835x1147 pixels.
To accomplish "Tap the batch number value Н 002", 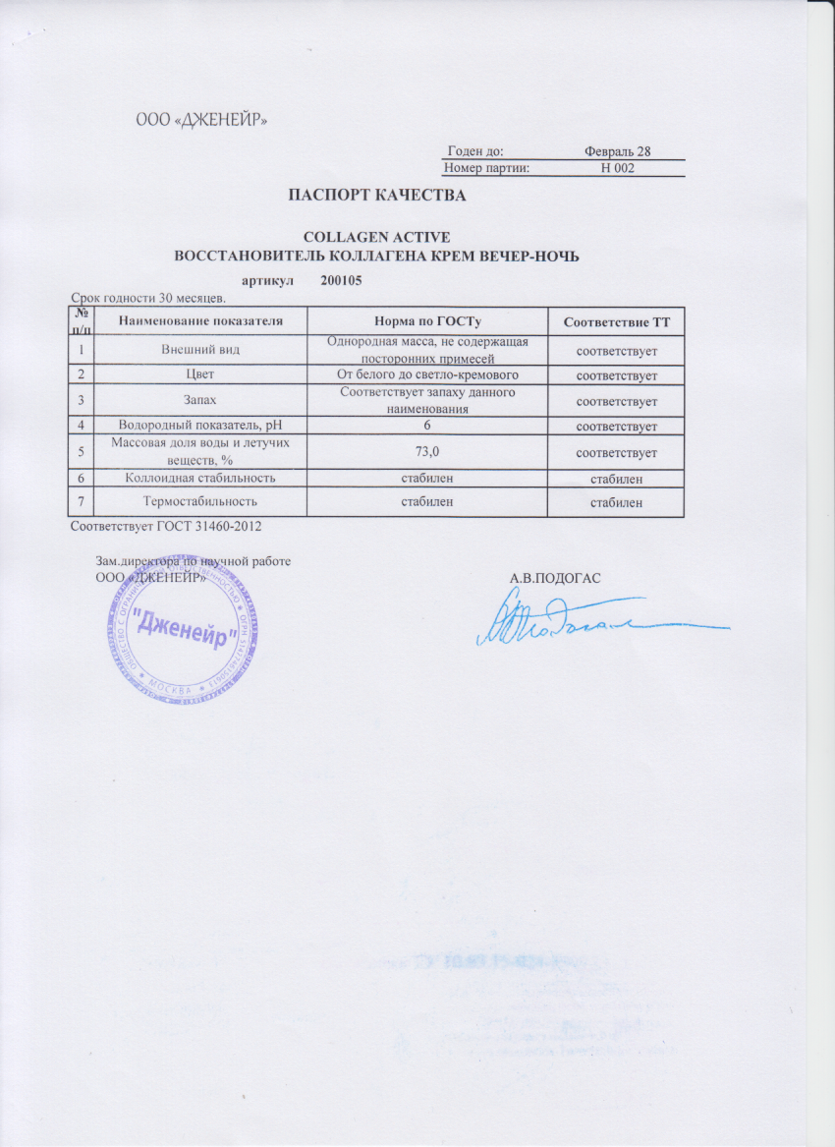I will pyautogui.click(x=618, y=168).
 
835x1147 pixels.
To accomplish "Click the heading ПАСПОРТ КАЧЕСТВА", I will pyautogui.click(x=375, y=196).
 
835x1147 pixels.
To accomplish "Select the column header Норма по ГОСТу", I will pyautogui.click(x=426, y=321).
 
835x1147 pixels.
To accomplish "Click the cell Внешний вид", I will pyautogui.click(x=201, y=349).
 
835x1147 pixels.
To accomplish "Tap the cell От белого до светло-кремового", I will pyautogui.click(x=427, y=375).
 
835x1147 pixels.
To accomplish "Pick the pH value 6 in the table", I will pyautogui.click(x=427, y=425).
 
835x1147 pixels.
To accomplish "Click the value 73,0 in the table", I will pyautogui.click(x=427, y=451).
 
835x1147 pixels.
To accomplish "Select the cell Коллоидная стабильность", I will pyautogui.click(x=201, y=478).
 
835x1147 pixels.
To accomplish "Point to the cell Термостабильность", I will pyautogui.click(x=201, y=502).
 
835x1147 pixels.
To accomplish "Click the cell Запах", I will pyautogui.click(x=201, y=400).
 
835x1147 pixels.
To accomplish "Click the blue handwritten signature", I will pyautogui.click(x=580, y=622).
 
